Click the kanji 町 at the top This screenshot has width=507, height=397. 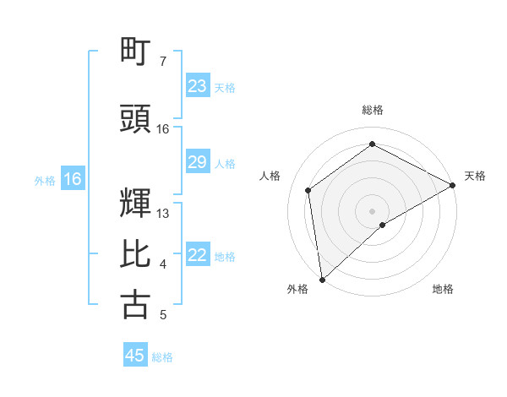135,52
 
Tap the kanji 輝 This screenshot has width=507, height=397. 135,204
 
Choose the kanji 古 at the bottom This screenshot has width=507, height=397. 135,305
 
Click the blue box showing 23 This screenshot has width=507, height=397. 197,86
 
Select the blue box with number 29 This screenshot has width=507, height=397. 197,162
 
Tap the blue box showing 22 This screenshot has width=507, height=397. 197,255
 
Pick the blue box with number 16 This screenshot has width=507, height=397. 72,179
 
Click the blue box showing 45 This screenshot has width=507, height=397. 135,356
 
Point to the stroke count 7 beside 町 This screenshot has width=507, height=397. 163,62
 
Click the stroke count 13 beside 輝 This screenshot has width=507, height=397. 163,214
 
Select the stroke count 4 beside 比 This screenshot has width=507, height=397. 163,264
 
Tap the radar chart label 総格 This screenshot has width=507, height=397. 373,110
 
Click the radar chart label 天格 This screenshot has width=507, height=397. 475,176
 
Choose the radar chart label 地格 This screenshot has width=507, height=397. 443,289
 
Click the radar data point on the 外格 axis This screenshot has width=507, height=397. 322,279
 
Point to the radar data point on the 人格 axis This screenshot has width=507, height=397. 308,190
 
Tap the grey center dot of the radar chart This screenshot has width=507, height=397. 372,210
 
